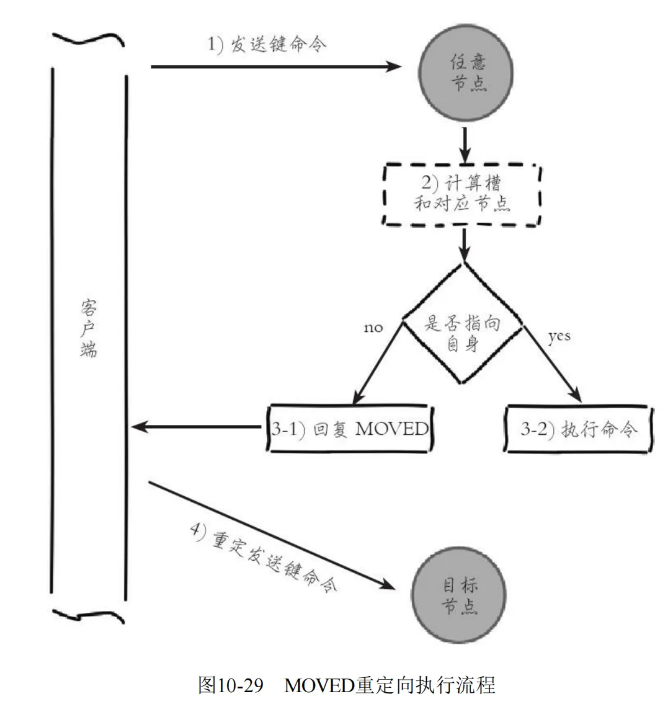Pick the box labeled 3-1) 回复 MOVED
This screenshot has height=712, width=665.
350,429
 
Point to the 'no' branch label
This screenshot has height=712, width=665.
373,327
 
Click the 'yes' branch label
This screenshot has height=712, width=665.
559,336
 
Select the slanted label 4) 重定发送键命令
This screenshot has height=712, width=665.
263,559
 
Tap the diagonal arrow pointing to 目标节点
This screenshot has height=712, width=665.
273,534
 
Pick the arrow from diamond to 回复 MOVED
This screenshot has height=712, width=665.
379,362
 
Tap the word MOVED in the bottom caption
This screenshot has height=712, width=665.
318,686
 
